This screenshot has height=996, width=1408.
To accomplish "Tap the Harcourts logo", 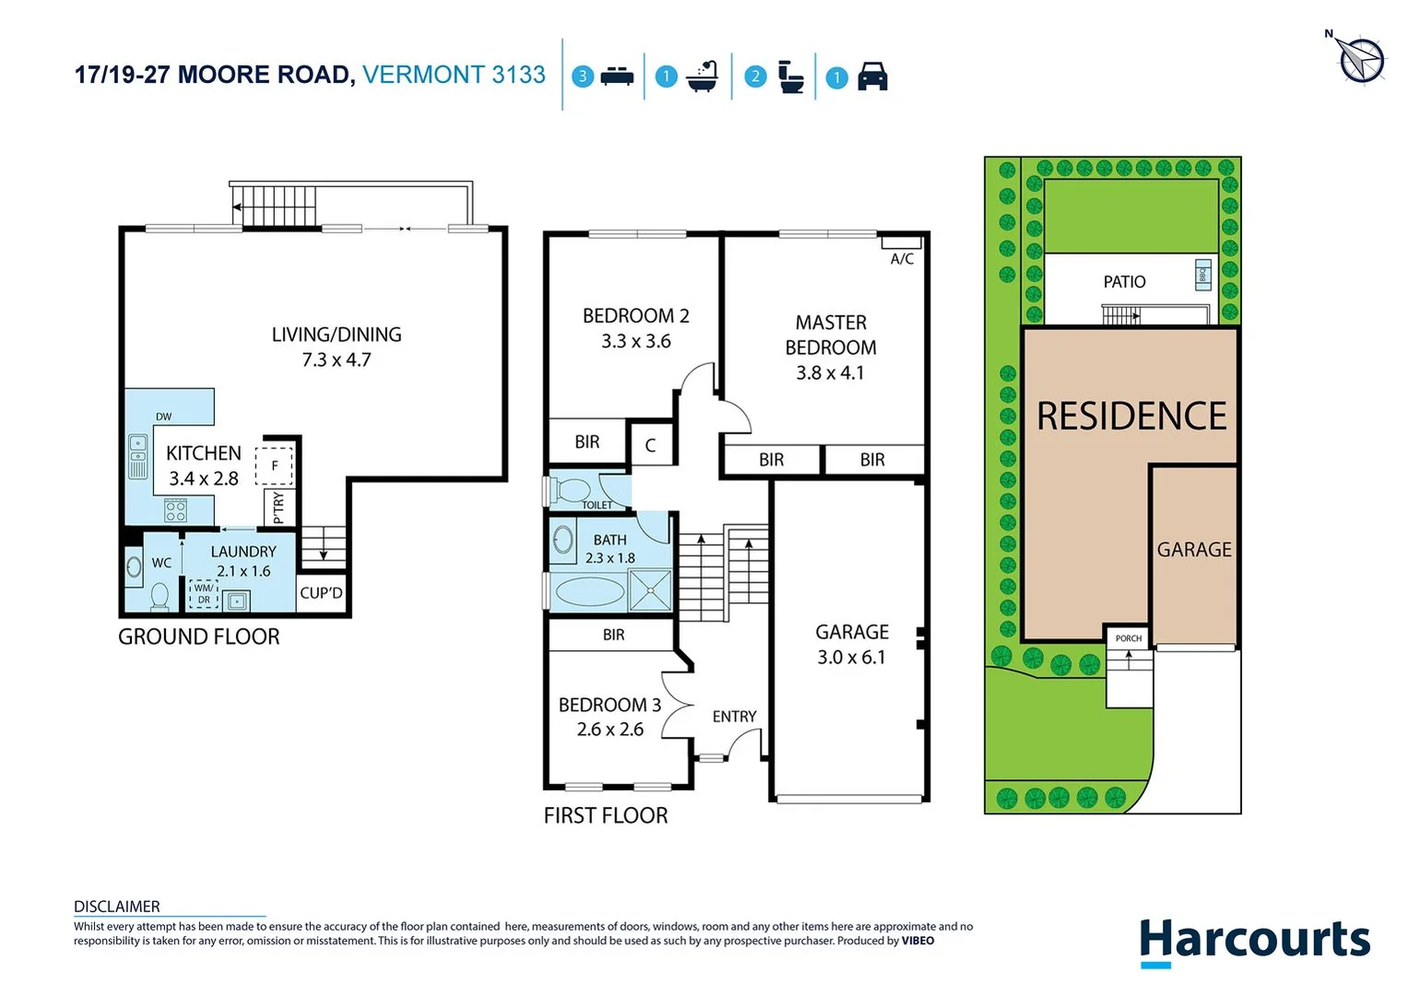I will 1254,941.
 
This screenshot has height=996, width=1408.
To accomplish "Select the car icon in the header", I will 872,77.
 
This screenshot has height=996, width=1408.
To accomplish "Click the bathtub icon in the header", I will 703,77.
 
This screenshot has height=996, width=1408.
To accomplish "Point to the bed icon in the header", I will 617,77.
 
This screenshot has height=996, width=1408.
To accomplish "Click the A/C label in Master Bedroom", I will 902,259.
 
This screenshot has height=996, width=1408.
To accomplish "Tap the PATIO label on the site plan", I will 1124,282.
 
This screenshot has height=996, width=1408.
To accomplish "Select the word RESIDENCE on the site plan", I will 1131,416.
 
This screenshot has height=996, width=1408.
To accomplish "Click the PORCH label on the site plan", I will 1129,638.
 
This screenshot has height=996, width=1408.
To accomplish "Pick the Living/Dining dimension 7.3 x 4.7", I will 337,360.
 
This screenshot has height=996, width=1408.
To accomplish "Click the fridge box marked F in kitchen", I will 274,466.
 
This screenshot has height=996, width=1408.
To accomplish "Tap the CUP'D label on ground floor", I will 321,593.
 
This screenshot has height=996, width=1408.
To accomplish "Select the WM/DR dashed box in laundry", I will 204,594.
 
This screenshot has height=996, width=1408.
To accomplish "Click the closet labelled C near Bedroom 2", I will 650,445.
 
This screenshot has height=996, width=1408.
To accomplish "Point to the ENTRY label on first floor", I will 734,717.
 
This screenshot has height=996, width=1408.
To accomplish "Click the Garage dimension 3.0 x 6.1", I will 851,658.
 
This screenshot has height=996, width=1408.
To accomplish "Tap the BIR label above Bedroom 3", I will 613,634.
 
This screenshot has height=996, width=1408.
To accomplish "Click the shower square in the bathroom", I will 650,590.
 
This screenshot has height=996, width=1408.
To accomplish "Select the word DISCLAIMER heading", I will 117,907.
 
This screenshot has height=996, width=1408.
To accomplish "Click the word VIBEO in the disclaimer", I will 917,941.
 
